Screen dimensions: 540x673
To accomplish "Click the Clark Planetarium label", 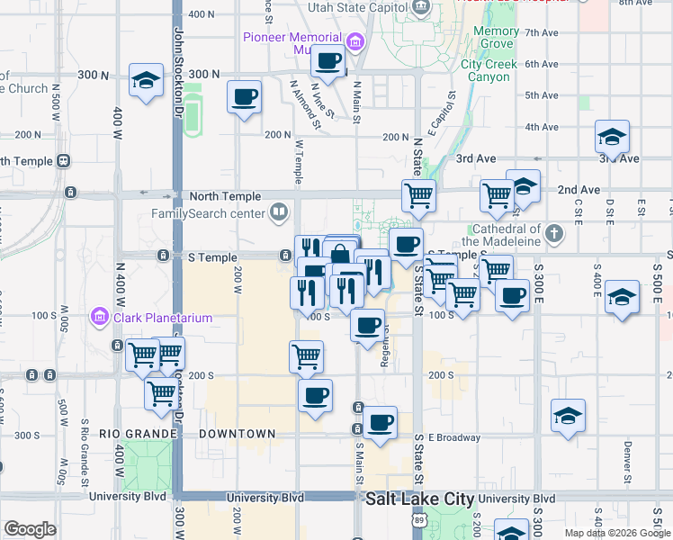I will tap(162, 317).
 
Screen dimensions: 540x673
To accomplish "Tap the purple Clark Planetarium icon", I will tap(100, 317).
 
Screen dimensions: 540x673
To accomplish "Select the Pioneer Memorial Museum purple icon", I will tap(354, 41).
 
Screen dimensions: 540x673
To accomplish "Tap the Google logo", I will tap(30, 529).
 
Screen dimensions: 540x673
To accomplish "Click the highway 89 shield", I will tap(418, 519).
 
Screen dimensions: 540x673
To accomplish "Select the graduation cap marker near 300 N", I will tap(146, 81).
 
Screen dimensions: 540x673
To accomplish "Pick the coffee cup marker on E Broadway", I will tap(379, 422).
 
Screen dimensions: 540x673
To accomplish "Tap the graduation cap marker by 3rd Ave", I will tap(612, 137).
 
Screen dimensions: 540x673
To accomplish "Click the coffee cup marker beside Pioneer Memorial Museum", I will tap(328, 61).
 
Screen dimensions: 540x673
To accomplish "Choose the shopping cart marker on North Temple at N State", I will tap(418, 195).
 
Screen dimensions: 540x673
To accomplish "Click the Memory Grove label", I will tap(496, 37).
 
